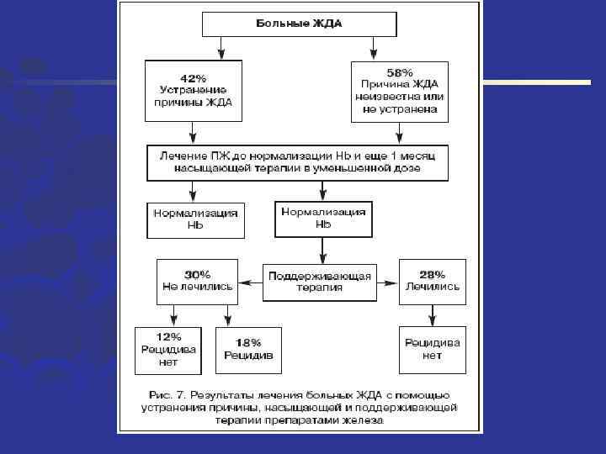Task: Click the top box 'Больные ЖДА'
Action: click(x=299, y=24)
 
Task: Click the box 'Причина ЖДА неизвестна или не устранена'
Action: click(x=400, y=91)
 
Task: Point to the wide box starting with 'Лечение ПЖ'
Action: click(x=298, y=162)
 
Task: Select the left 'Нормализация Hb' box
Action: click(x=195, y=219)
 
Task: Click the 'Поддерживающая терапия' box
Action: click(x=319, y=281)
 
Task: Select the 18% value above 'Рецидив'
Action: click(x=248, y=342)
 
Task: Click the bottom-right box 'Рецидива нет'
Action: click(x=433, y=349)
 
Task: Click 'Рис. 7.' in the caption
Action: click(x=166, y=394)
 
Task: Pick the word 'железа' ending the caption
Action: click(x=363, y=421)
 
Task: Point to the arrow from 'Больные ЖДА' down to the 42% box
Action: click(x=220, y=47)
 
